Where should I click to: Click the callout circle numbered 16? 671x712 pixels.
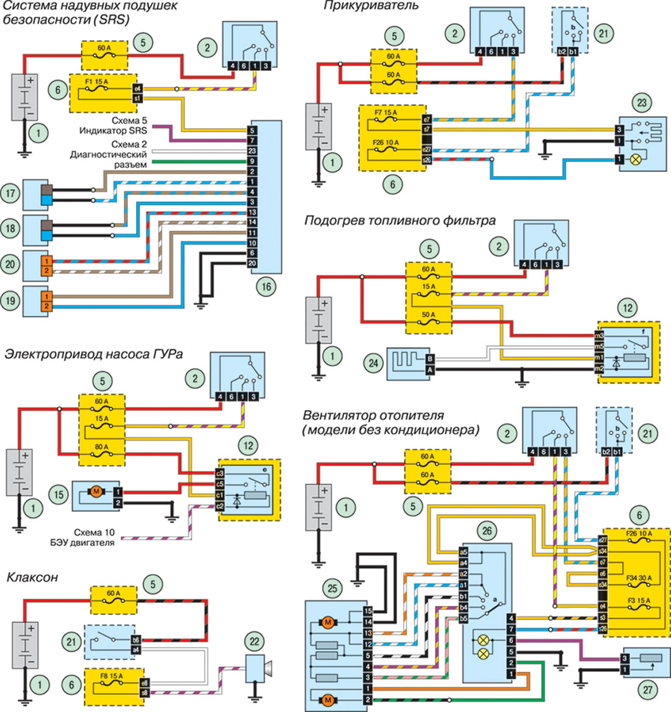[266, 287]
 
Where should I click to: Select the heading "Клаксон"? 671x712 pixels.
[32, 577]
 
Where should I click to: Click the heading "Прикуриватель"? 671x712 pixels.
[371, 6]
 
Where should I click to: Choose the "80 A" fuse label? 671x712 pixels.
[102, 447]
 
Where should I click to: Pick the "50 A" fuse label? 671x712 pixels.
[429, 315]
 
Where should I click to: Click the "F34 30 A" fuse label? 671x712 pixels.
[639, 578]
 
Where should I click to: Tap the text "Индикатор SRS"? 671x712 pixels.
[113, 131]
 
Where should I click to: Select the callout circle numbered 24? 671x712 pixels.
[373, 364]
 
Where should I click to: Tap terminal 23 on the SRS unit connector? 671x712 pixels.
[252, 151]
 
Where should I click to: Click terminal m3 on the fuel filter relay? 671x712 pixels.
[600, 336]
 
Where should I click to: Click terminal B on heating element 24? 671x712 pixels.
[431, 359]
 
